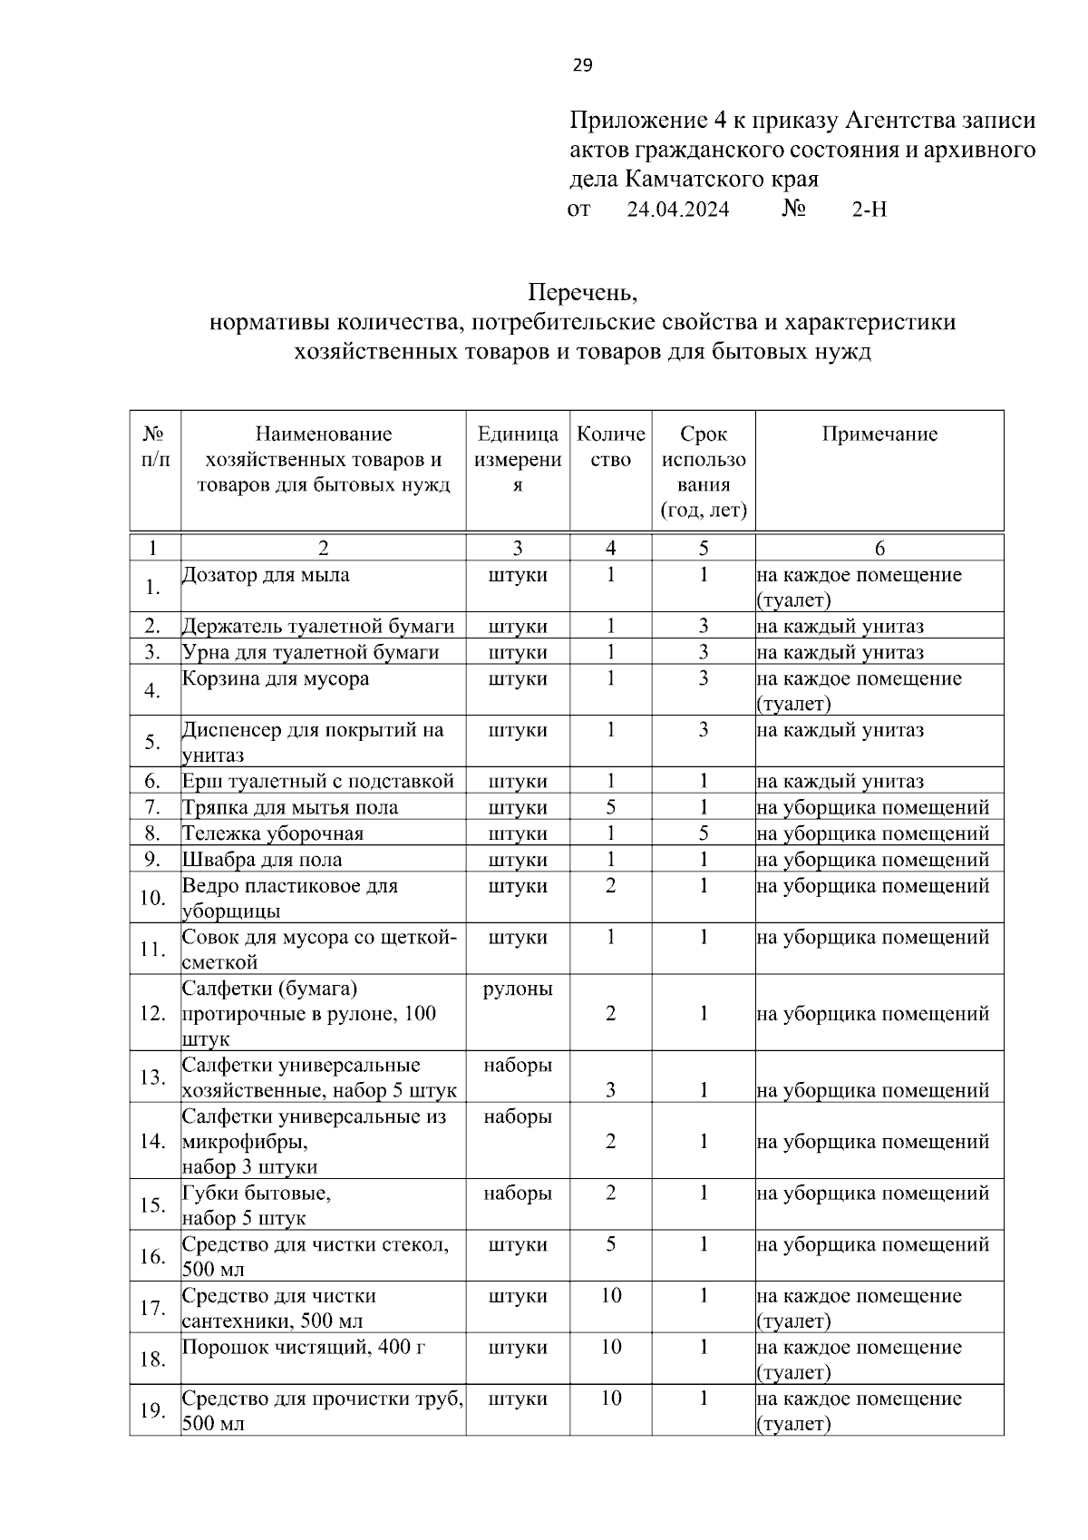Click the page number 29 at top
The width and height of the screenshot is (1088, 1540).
tap(582, 64)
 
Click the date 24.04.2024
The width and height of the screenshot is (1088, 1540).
tap(678, 210)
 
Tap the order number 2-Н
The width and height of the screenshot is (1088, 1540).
tap(869, 210)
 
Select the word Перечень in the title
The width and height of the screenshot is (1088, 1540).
tap(583, 293)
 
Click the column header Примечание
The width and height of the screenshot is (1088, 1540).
tap(879, 434)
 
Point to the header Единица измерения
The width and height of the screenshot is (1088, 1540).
tap(518, 459)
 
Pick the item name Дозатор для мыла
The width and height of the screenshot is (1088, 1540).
tap(266, 575)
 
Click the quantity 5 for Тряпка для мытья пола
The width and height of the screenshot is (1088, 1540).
tap(610, 807)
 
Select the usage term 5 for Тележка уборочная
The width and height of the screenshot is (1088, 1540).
tap(703, 833)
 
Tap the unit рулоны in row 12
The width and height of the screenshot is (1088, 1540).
tap(518, 989)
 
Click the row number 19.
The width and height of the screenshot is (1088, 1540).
tap(152, 1410)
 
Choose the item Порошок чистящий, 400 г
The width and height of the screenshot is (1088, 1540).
tap(304, 1348)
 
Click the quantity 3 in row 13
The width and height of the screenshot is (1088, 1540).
tap(610, 1090)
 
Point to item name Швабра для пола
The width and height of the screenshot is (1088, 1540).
tap(262, 860)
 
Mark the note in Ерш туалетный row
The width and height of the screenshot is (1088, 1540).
tap(840, 782)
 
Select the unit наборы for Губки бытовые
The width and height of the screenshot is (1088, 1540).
tap(518, 1194)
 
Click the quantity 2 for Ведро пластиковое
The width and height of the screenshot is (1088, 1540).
tap(610, 886)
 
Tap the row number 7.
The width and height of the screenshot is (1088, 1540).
tap(152, 807)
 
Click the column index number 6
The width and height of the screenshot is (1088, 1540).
tap(879, 548)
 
